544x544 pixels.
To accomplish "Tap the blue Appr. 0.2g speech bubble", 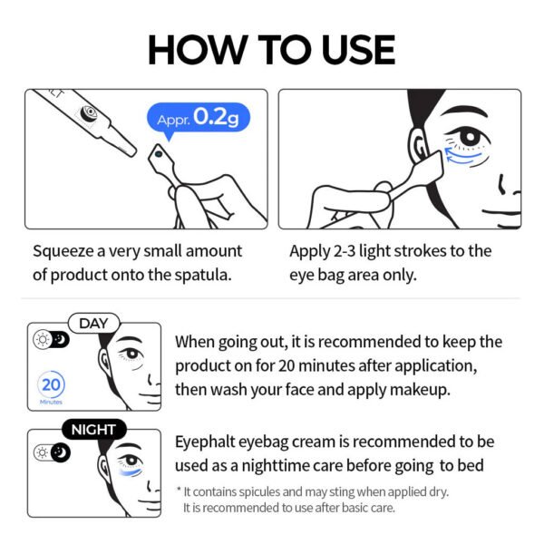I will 198,119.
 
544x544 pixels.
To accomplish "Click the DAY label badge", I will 93,323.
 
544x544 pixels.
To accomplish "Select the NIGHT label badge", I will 93,429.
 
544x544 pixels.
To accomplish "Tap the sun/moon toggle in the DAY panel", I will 50,339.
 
